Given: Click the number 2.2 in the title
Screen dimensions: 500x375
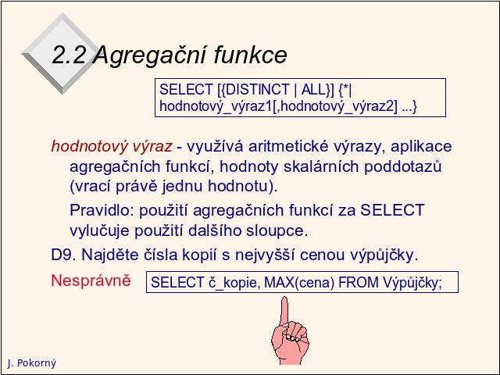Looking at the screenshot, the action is [69, 55].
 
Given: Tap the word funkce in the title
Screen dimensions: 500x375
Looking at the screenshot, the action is [251, 55].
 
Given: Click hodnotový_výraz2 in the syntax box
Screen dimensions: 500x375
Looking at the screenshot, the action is [337, 106].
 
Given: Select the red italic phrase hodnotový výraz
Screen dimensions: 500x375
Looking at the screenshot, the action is [112, 146].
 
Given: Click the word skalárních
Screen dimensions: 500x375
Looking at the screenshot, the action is [321, 166].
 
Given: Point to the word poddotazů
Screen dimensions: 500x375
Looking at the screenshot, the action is [403, 166].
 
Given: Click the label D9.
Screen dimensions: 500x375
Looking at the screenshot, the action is [63, 255].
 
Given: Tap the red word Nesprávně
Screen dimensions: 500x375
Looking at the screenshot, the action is [91, 280].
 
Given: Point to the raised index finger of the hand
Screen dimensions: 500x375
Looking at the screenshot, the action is [284, 311].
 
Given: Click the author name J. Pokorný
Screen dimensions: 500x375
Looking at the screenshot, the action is [31, 363].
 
